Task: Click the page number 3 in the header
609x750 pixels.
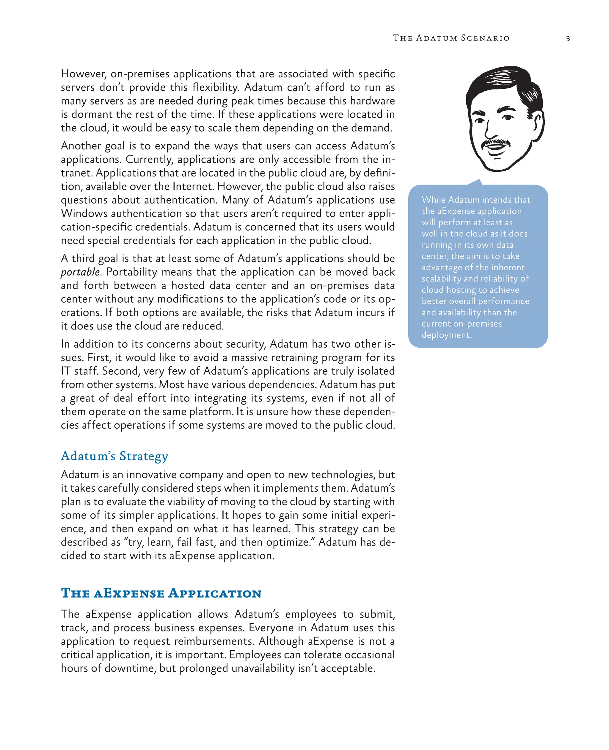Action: [568, 39]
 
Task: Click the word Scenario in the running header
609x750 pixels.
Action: [485, 38]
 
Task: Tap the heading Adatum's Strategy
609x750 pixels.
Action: [114, 456]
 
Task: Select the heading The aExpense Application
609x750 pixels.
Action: [161, 593]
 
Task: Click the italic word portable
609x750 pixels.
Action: [80, 272]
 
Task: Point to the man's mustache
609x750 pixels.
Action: [495, 142]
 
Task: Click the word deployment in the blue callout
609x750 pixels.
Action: [446, 335]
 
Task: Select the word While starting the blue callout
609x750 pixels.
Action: [434, 200]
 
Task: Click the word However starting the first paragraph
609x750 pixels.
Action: [83, 74]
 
